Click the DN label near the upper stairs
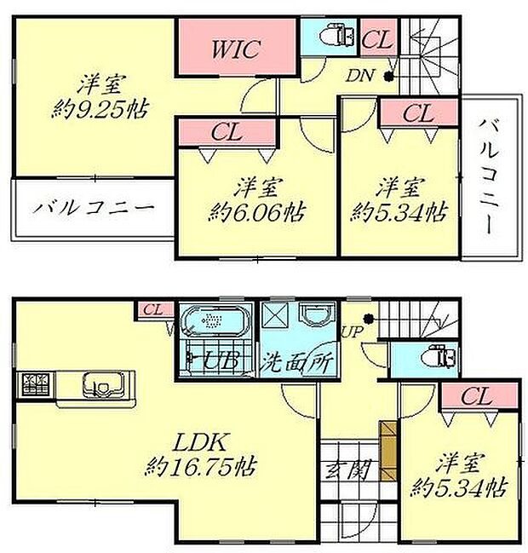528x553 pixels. (358, 76)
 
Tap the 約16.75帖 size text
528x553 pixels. (202, 467)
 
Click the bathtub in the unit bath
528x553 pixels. (215, 322)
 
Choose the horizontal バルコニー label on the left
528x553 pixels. (94, 207)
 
